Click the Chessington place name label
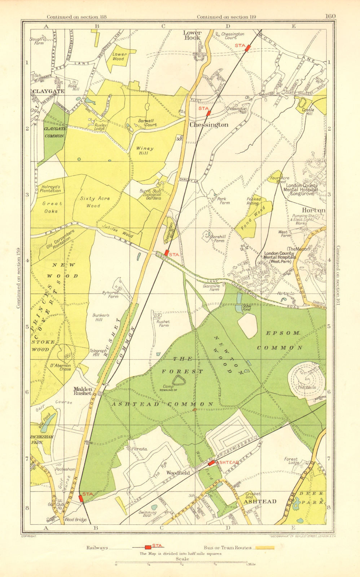coord(209,124)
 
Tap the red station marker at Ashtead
coord(211,463)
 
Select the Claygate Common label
coord(54,132)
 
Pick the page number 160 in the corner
coord(330,16)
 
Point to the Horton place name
coord(313,210)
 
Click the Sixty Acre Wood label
coord(95,202)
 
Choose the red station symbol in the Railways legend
coord(148,547)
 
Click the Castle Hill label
coord(308,112)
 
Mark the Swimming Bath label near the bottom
coord(148,514)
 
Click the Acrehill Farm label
coord(218,238)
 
